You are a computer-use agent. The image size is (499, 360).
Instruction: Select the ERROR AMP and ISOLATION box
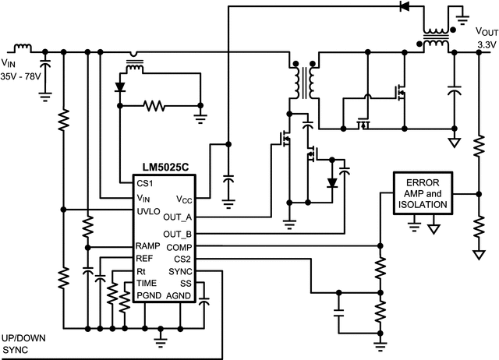[x=423, y=193]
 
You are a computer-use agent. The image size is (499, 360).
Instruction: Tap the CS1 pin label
[x=145, y=184]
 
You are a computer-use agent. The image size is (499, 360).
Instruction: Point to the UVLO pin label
[x=148, y=210]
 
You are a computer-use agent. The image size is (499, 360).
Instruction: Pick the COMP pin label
[x=179, y=246]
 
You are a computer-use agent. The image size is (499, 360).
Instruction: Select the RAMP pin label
[x=148, y=246]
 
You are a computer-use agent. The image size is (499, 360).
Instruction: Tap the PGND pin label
[x=149, y=296]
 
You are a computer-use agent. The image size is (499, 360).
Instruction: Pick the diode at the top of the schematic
[x=405, y=7]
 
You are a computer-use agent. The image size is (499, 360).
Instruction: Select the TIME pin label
[x=147, y=283]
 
